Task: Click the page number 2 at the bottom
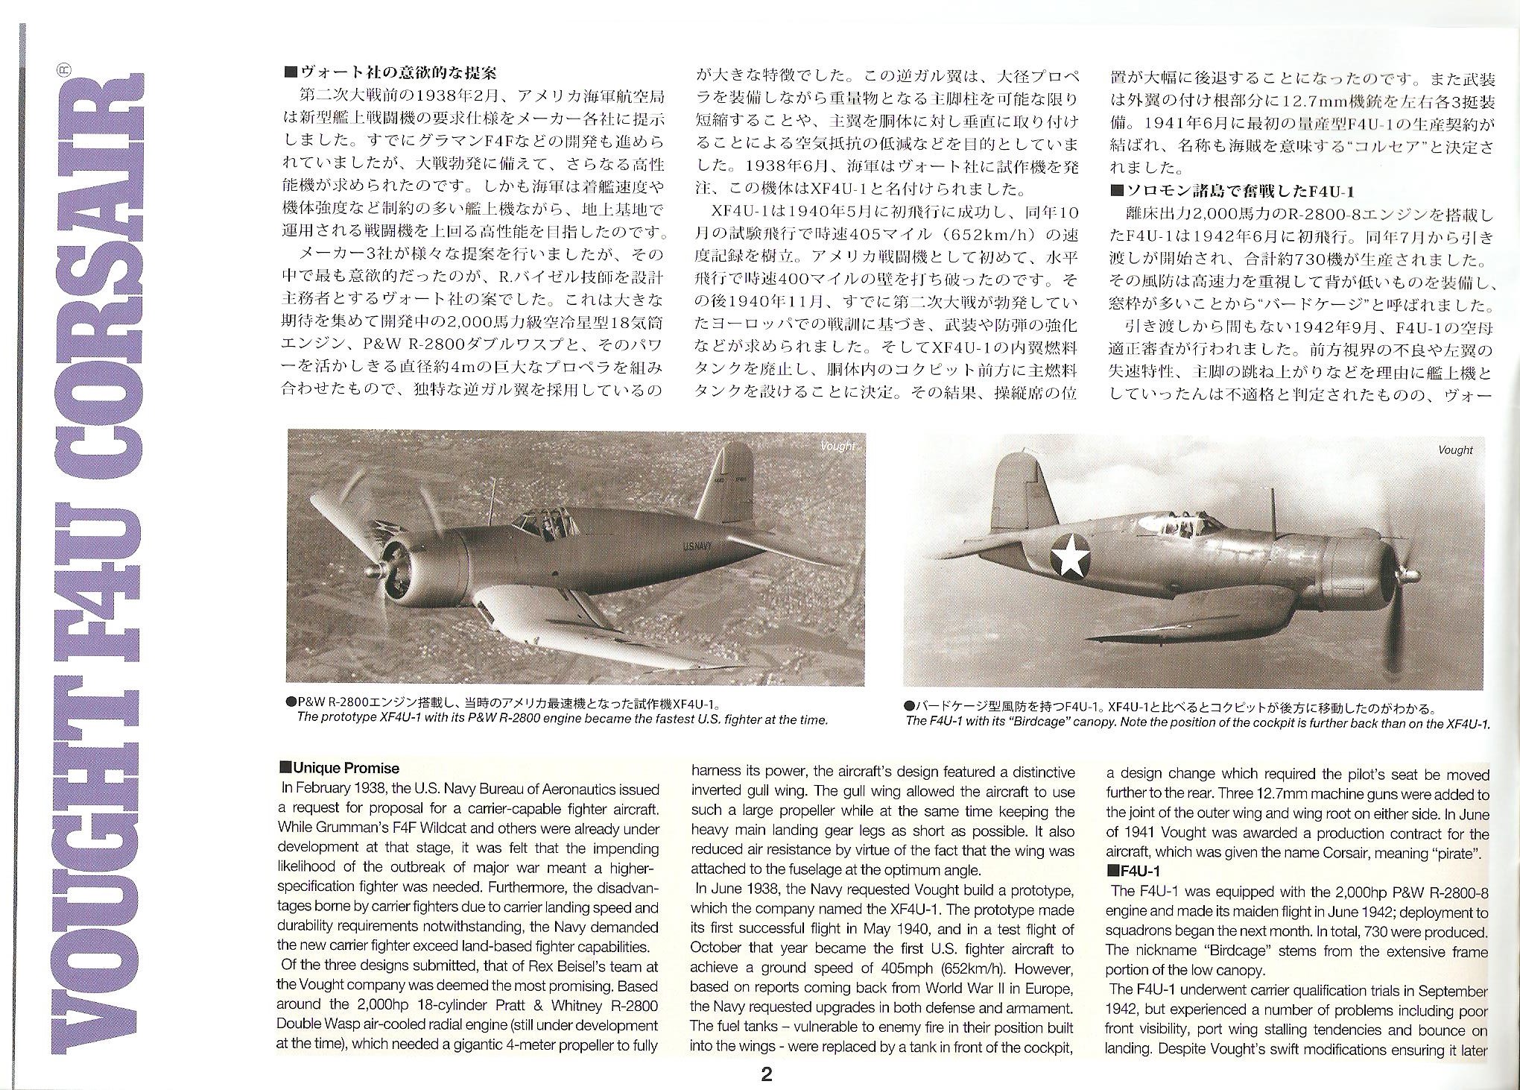point(766,1075)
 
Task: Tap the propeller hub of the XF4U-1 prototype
point(373,573)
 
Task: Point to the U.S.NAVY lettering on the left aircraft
point(697,546)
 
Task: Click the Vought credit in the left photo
point(837,446)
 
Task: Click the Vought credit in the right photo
point(1454,450)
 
